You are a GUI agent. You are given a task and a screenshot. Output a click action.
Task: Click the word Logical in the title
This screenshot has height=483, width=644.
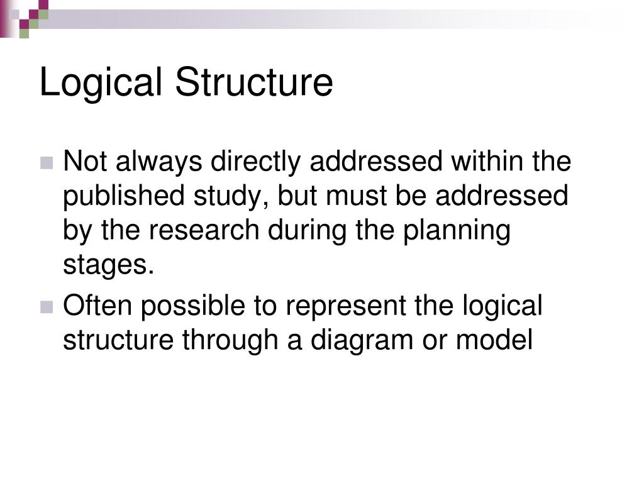pyautogui.click(x=101, y=84)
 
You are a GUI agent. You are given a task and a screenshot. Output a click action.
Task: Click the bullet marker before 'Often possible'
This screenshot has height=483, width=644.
pyautogui.click(x=47, y=308)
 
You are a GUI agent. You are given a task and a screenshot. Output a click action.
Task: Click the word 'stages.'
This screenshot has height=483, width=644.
pyautogui.click(x=108, y=265)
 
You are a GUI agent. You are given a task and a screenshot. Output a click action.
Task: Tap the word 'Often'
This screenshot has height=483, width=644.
pyautogui.click(x=97, y=306)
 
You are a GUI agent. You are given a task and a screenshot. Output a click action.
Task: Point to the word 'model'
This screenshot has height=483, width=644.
pyautogui.click(x=494, y=340)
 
